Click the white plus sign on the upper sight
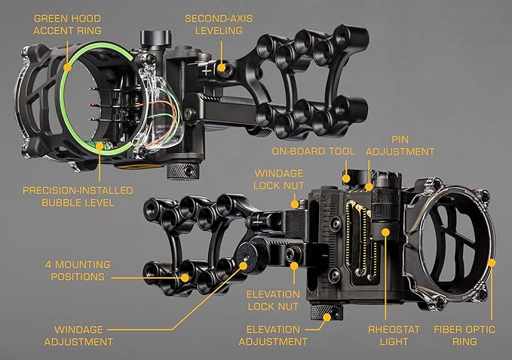[x=207, y=68]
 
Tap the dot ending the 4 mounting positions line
[x=185, y=277]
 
